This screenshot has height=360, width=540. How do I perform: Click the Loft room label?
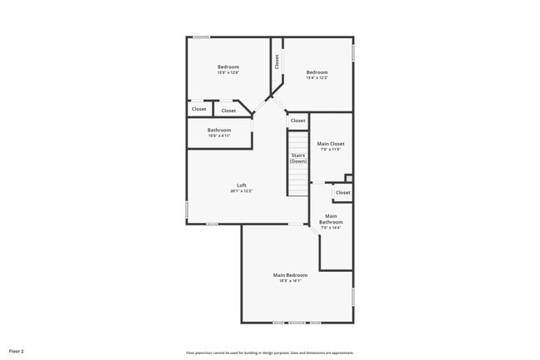click(x=241, y=185)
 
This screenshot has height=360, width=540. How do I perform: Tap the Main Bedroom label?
click(x=290, y=275)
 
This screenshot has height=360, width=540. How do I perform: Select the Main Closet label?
click(x=331, y=144)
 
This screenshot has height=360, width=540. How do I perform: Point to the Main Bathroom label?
click(x=331, y=219)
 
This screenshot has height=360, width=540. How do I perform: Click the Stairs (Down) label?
click(x=298, y=158)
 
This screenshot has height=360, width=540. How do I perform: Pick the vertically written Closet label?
click(x=277, y=62)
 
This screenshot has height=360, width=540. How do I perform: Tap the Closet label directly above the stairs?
click(x=297, y=121)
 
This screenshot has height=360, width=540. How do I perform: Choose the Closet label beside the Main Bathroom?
click(x=342, y=192)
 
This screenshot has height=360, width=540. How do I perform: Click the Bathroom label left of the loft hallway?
click(x=219, y=130)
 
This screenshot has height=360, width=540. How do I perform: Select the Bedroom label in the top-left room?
click(x=228, y=67)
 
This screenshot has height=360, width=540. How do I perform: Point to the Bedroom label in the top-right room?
click(x=317, y=72)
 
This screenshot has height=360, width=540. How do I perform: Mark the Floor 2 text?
click(x=17, y=352)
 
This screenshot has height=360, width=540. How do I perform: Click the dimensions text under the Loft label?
click(x=241, y=191)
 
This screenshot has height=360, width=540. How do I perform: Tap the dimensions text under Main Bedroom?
click(x=290, y=281)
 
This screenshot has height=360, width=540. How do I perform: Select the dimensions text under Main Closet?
click(x=331, y=150)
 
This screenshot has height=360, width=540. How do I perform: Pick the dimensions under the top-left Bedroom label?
click(x=228, y=73)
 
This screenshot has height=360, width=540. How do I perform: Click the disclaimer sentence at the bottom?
click(x=269, y=353)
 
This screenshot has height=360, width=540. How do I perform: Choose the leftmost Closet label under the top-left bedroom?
click(x=199, y=109)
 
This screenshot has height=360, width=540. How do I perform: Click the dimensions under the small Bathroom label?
click(x=219, y=136)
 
